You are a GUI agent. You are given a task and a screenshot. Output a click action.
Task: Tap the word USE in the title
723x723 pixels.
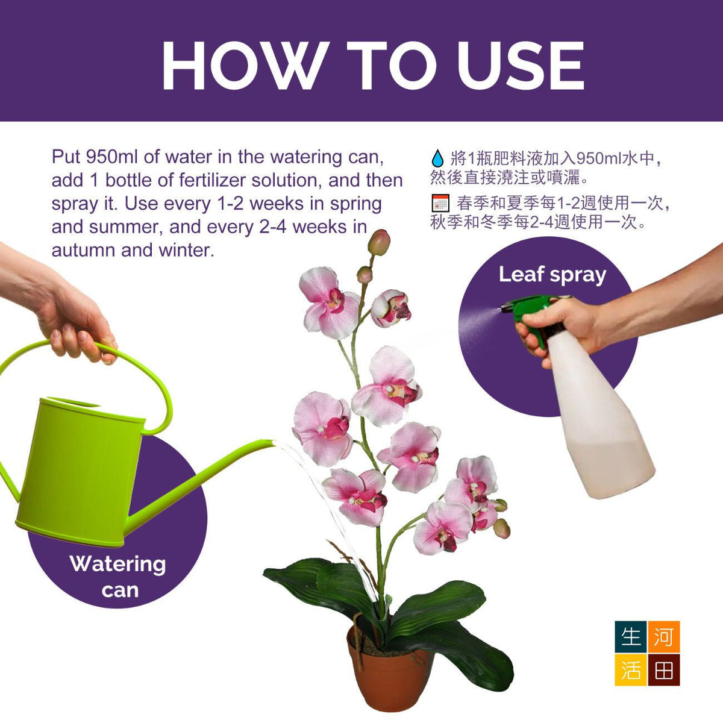tap(520, 65)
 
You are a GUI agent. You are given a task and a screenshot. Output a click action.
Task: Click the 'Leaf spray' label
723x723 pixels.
tap(552, 275)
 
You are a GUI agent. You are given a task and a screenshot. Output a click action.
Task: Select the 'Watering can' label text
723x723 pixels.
tap(118, 577)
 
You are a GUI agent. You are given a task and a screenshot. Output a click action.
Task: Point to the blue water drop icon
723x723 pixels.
tap(437, 158)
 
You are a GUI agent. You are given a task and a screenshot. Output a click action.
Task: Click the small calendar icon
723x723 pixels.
tap(440, 204)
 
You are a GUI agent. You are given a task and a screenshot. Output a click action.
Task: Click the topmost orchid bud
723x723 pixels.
tap(379, 242)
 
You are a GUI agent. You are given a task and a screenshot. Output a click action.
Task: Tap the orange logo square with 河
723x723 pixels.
tap(663, 637)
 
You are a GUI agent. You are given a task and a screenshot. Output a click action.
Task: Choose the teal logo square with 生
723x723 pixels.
tap(631, 637)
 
